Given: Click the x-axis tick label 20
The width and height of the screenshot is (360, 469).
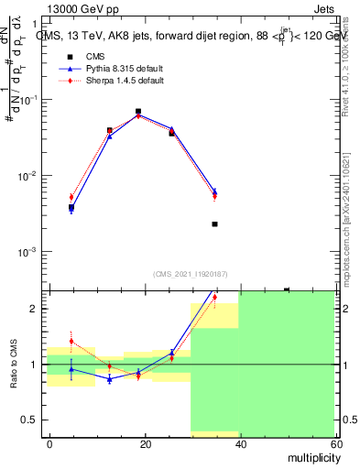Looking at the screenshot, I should pos(145,443).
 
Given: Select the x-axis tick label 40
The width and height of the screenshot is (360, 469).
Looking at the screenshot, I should pos(239,443).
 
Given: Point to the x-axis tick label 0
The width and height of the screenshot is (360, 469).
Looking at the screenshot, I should pos(49,443).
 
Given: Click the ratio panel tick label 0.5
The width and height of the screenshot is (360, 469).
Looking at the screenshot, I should pos(29,420).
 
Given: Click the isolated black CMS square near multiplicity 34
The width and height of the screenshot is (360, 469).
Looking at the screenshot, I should pos(214,224).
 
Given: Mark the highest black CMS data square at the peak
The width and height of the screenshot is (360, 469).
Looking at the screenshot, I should pos(138,111).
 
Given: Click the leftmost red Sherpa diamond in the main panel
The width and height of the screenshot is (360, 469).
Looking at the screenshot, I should pos(71,197).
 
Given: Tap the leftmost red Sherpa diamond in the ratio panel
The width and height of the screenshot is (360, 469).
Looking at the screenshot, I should pos(71,341).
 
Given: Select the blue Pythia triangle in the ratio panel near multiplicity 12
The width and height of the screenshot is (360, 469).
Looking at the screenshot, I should pos(109,378).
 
